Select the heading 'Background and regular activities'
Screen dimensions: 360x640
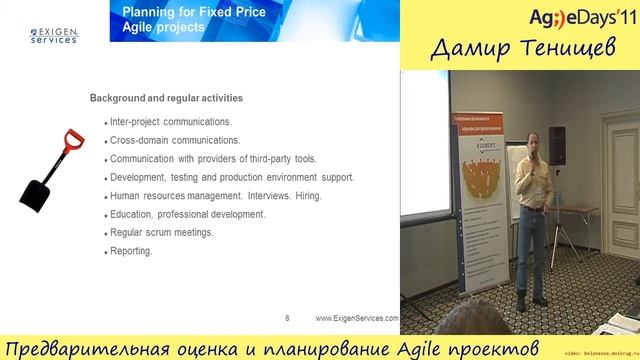pos(166,99)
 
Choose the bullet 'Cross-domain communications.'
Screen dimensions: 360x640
pos(174,140)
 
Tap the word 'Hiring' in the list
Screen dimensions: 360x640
pos(305,196)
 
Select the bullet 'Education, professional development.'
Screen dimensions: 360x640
pos(187,214)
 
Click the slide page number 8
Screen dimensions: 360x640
pos(287,318)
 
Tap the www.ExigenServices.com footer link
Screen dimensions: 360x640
pos(357,318)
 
